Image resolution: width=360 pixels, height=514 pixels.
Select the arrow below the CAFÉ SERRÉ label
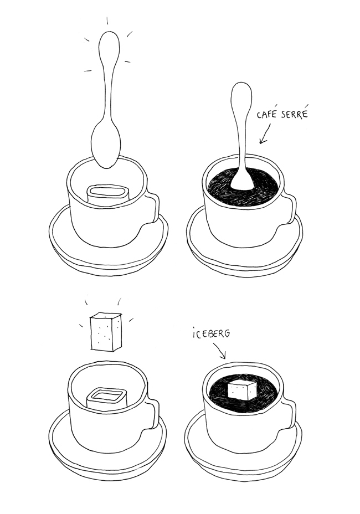(264, 135)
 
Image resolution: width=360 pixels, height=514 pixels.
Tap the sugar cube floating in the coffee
(241, 390)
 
